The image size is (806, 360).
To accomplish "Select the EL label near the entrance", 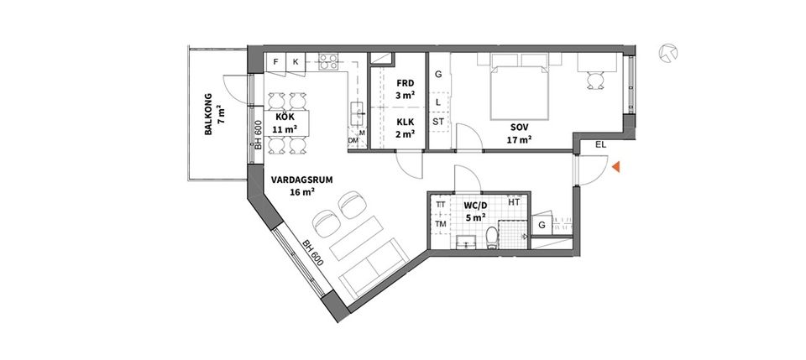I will point(599,145).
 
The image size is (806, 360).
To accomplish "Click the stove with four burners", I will point(327,61).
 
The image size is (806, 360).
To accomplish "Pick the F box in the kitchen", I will point(275,62).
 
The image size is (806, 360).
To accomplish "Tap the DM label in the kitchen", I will point(353,142).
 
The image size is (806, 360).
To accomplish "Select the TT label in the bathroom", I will point(440,204).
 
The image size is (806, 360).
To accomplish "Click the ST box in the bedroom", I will point(438,122).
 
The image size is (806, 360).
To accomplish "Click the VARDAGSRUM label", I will point(292,185).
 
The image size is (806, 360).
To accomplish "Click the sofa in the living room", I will point(370,269).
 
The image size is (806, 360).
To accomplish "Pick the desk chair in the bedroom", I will point(595,80).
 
